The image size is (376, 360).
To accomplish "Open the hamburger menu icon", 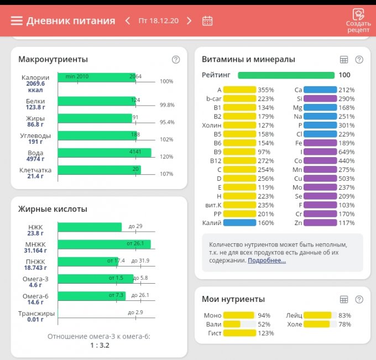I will click(17, 21).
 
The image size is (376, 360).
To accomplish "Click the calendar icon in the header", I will click(207, 21).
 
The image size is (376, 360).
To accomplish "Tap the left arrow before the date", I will click(128, 21).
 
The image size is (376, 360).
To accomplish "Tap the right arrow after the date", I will click(189, 21).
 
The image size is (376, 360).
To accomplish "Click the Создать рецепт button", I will click(358, 21).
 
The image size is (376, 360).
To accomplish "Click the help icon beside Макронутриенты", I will click(176, 60).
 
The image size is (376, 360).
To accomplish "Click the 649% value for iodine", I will click(347, 152).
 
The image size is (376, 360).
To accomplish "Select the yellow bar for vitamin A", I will click(239, 90).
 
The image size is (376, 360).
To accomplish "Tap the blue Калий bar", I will click(239, 223).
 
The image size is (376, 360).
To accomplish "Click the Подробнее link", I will click(267, 260).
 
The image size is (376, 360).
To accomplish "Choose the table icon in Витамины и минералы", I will click(343, 60).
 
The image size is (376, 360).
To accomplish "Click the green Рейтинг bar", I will click(286, 75).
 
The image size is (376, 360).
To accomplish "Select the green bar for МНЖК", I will click(104, 244).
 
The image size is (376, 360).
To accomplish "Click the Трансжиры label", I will click(36, 314).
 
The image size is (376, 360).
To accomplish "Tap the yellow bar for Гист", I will click(239, 333).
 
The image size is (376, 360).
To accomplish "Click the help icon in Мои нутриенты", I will click(359, 299).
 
